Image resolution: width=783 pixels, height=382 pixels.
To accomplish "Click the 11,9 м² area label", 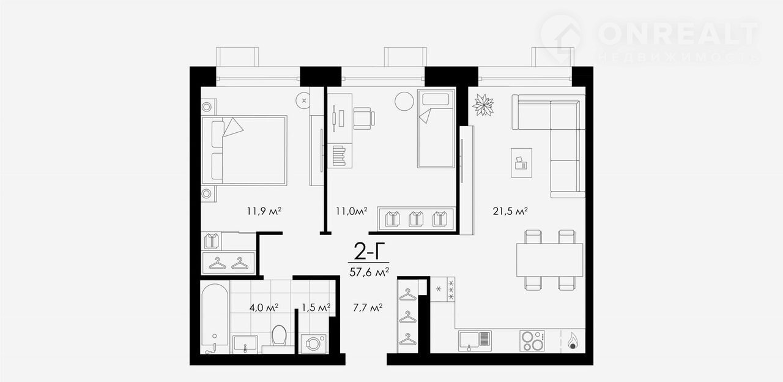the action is coord(264,211).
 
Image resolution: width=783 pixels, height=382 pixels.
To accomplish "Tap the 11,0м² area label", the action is coord(352,211).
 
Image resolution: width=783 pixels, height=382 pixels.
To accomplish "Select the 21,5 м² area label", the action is coord(510,211).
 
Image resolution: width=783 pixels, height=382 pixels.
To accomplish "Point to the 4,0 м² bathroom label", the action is coord(264,308).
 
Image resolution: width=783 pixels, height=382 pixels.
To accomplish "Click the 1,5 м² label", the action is coord(316,308).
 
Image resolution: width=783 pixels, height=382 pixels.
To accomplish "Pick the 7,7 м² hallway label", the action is coord(368,308).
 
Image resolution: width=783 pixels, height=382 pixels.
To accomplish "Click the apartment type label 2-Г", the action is coord(366,251).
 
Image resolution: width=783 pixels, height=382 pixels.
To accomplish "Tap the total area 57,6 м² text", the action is coord(369,272).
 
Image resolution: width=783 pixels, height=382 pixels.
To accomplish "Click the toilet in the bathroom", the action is coord(279,336).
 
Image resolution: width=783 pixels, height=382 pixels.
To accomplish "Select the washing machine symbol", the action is coord(314,343).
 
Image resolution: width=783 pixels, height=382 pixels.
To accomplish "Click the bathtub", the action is coord(215,318).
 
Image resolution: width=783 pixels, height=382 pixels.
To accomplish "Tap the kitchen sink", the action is coord(475,341).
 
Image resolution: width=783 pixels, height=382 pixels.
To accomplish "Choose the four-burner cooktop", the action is coord(532,341).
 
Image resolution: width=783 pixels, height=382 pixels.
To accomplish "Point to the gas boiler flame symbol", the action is coord(572,341).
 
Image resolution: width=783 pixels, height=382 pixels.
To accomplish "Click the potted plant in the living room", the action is coord(483,105).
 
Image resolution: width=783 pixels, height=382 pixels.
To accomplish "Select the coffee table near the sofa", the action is coord(522,163).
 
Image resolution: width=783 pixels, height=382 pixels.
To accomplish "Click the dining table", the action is coord(549,260).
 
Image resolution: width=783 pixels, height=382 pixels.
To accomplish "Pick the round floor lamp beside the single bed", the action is coord(404,101).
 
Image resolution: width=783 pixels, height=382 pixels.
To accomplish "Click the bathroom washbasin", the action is coord(245,344).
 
